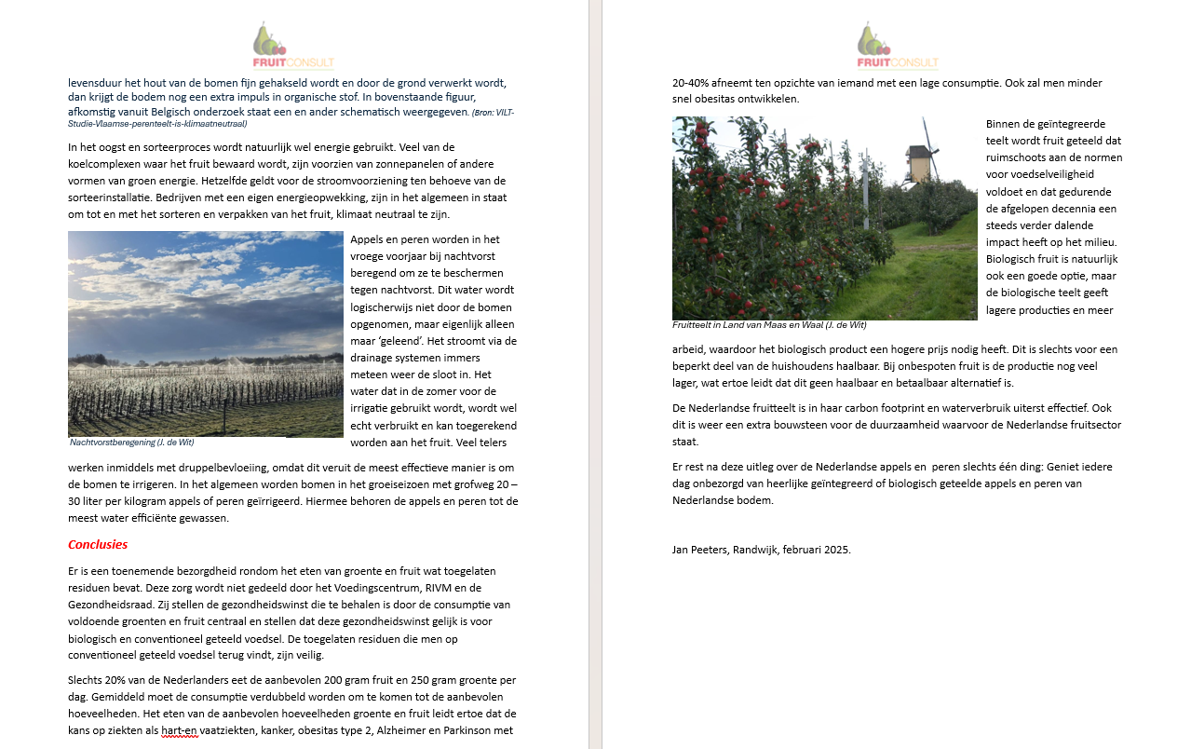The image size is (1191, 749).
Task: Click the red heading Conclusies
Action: (x=98, y=545)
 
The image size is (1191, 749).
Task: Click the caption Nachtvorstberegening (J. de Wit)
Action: (x=131, y=443)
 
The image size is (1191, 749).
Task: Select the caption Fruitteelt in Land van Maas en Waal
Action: (x=769, y=325)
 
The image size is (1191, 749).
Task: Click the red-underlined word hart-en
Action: (x=180, y=730)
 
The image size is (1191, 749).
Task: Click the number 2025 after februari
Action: (x=837, y=550)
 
